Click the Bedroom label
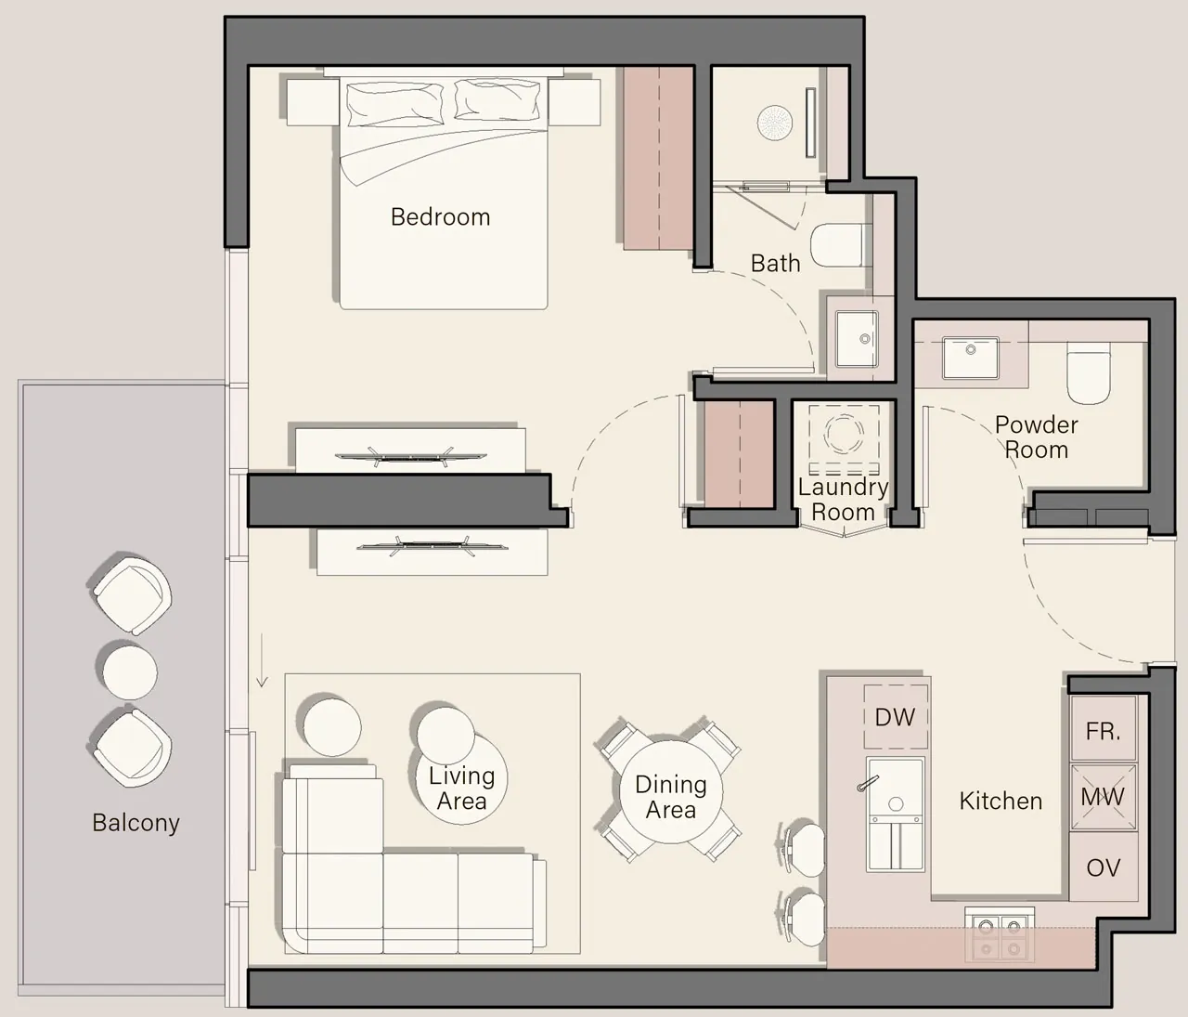click(440, 217)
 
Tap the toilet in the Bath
click(840, 246)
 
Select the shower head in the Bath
click(773, 124)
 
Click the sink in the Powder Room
click(970, 358)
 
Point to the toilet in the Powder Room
click(1088, 373)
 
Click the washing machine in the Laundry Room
click(845, 434)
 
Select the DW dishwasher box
click(895, 717)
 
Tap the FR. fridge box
click(1103, 731)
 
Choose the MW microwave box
click(1103, 797)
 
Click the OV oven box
click(1103, 867)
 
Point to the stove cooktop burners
click(999, 937)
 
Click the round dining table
click(670, 791)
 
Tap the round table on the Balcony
click(129, 671)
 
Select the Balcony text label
click(136, 823)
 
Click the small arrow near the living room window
click(262, 674)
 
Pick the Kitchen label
click(1001, 801)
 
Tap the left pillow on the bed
click(394, 102)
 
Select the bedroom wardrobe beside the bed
click(658, 158)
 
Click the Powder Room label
click(1036, 437)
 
